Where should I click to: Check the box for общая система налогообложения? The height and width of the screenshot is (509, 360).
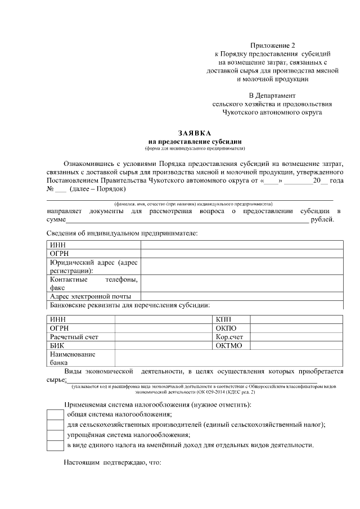point(55,415)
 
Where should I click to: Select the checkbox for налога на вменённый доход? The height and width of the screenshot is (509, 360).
point(55,445)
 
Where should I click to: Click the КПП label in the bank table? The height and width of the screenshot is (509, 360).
point(223,319)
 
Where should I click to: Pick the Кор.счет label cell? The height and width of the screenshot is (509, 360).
point(229,337)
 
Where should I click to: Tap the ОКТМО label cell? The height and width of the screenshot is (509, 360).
point(228,345)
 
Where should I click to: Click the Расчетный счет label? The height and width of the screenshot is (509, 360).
point(74,337)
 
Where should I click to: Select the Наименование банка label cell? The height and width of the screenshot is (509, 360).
point(73,358)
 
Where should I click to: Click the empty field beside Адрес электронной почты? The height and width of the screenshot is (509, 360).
point(242,296)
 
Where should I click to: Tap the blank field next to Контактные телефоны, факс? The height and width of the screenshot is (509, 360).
point(242,283)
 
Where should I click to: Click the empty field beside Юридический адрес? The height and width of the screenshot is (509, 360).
point(242,266)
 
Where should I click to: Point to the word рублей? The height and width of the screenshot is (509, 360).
point(322,219)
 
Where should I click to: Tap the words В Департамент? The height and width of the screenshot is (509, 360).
point(272,96)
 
